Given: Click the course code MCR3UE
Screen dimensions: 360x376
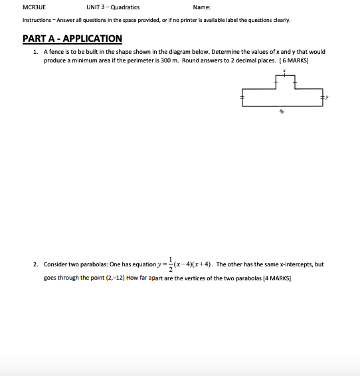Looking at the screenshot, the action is [23, 7].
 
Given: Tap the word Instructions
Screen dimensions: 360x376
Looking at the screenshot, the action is [29, 20].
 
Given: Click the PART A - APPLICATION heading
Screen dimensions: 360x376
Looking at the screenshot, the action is [72, 39].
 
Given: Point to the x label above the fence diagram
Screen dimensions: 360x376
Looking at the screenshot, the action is [284, 70].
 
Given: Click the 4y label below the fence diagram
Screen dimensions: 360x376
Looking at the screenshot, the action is [282, 112].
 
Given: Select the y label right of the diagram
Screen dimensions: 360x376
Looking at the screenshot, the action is [327, 97].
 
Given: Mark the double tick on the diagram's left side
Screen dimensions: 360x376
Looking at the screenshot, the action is [242, 97].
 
